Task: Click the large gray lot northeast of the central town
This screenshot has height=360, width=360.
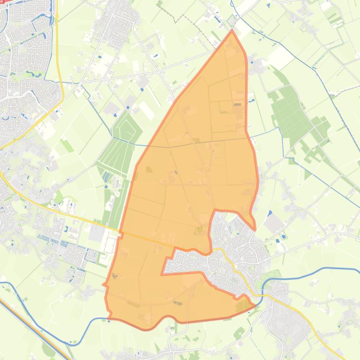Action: (x=273, y=224)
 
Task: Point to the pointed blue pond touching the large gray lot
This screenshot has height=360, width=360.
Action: (x=270, y=213)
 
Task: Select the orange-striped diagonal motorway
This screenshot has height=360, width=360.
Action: (x=33, y=323)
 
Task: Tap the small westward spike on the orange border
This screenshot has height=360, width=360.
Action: (x=104, y=284)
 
